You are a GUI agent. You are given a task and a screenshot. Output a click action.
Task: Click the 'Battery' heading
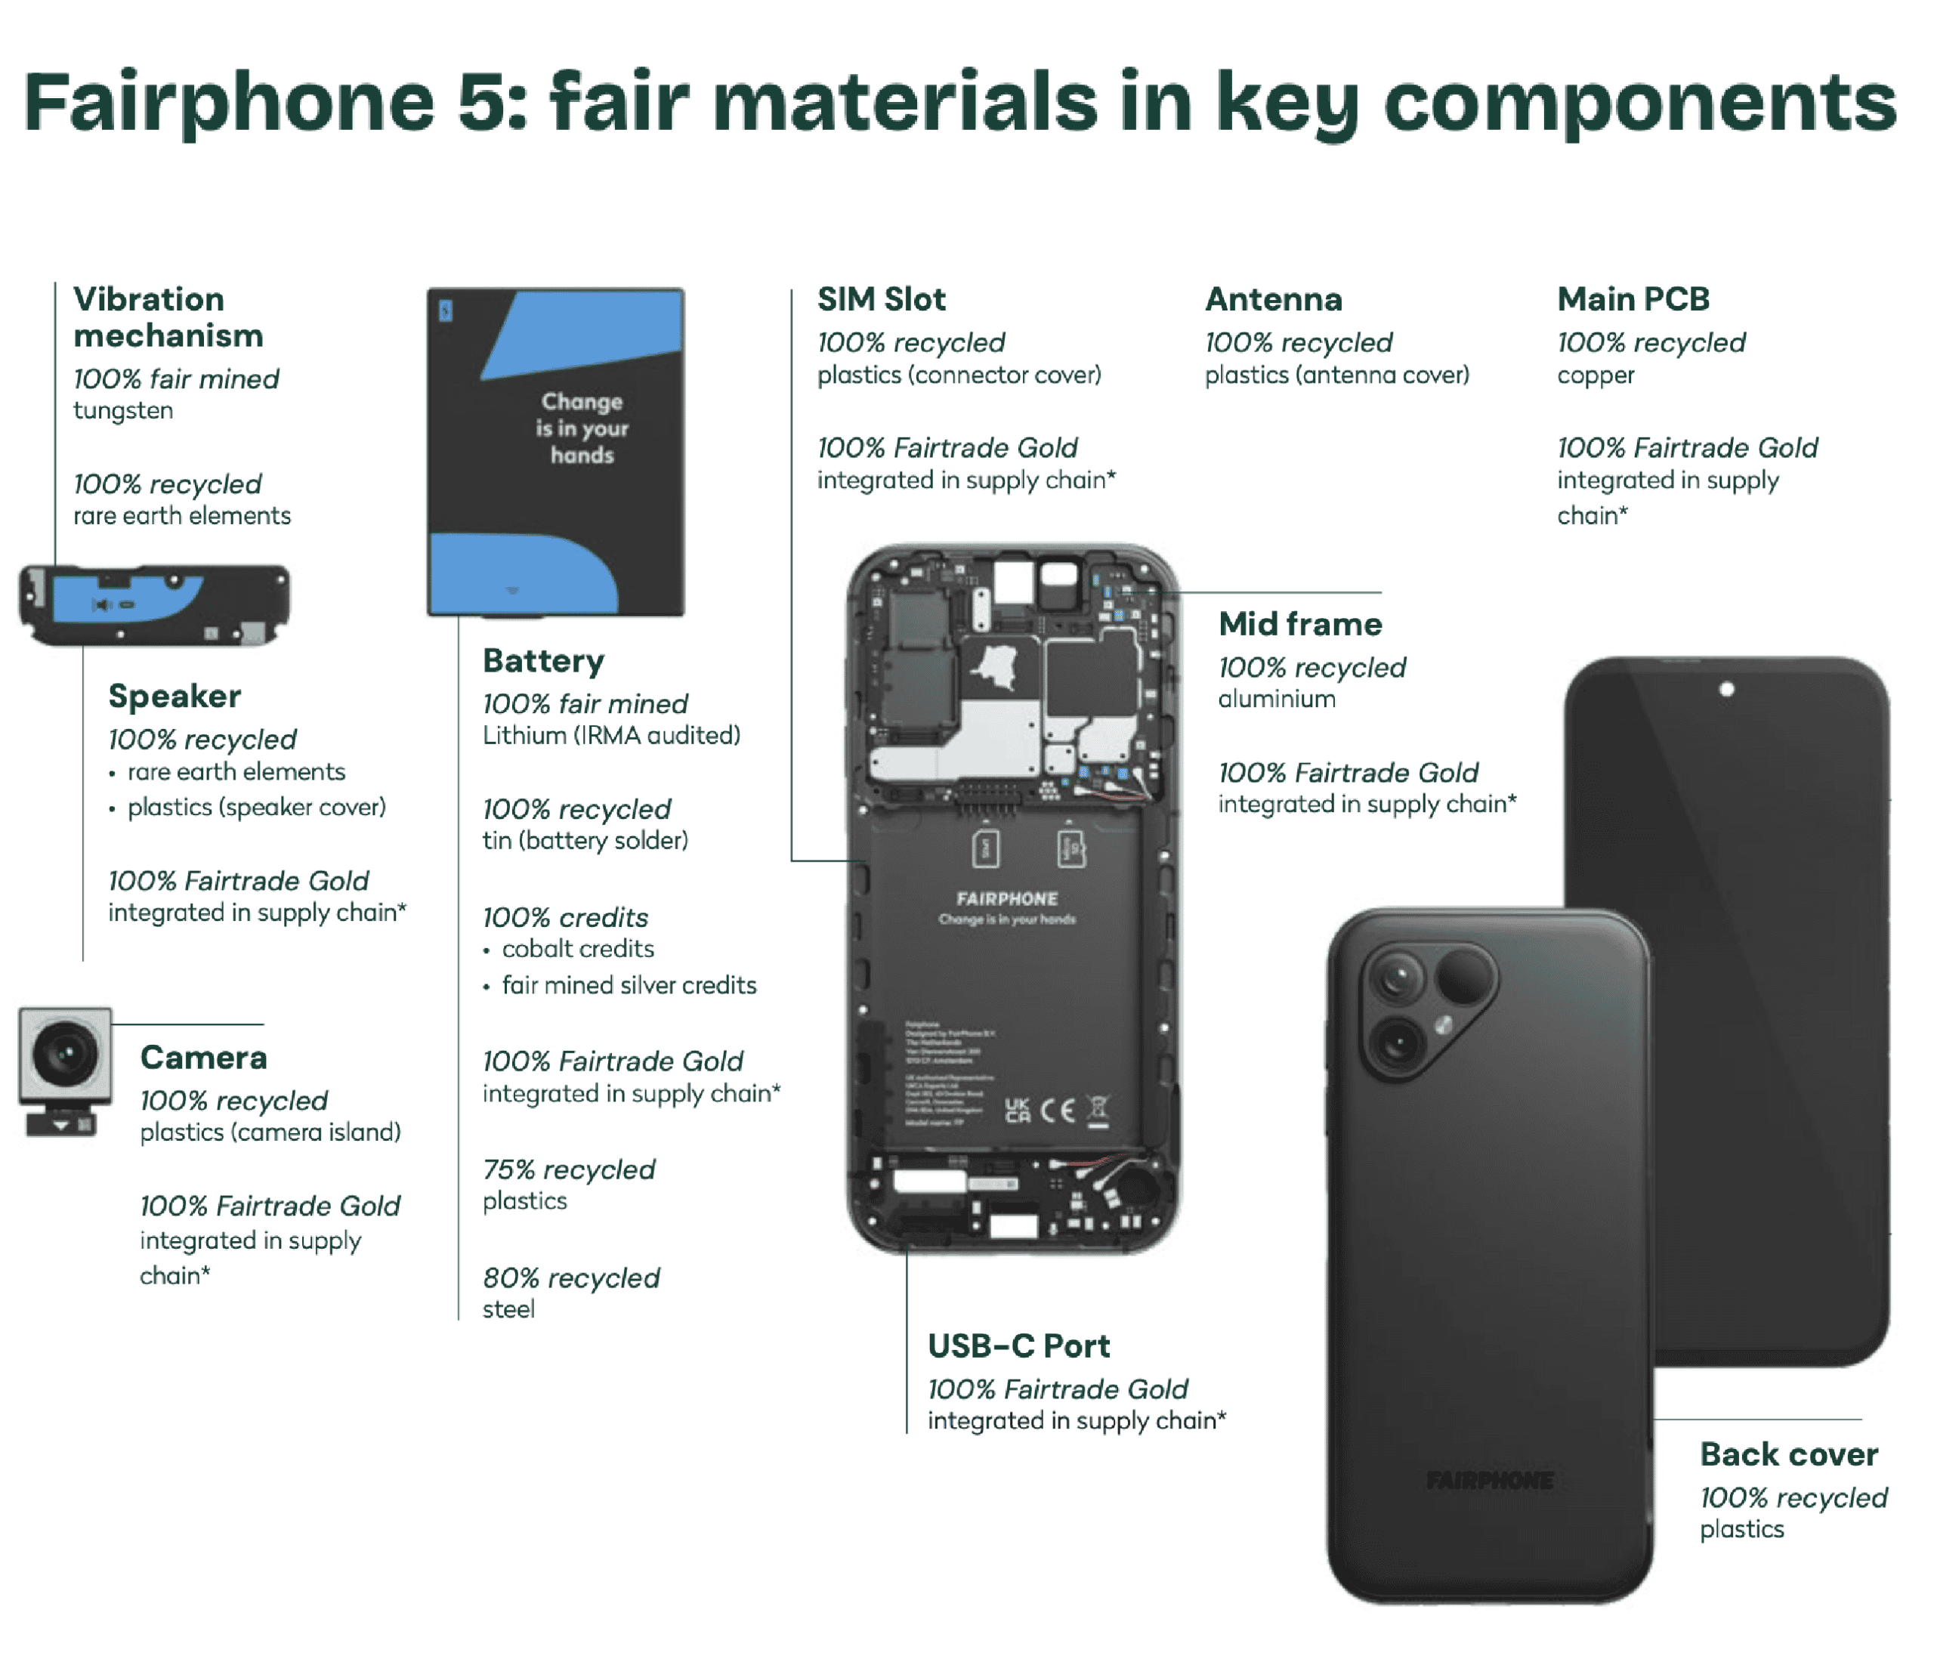click(543, 661)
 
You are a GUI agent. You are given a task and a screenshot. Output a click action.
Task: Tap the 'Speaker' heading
click(175, 697)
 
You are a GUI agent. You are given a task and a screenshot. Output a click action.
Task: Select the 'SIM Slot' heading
click(881, 300)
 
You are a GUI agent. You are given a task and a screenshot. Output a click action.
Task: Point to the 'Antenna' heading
click(1273, 300)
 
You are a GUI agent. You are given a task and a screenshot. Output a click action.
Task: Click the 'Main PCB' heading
click(1633, 300)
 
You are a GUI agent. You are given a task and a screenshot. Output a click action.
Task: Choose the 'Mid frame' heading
click(1300, 624)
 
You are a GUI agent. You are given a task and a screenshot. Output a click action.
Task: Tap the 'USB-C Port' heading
click(1018, 1345)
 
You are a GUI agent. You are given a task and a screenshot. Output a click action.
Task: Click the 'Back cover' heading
click(1788, 1454)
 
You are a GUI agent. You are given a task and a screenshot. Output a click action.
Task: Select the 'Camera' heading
click(203, 1057)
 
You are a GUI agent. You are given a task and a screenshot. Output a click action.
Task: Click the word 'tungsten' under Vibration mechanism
click(123, 411)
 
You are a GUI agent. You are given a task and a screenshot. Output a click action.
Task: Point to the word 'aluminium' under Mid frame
click(1276, 700)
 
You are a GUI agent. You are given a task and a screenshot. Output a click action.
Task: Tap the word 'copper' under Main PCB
click(1596, 375)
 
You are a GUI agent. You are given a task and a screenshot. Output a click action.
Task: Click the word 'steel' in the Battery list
click(508, 1309)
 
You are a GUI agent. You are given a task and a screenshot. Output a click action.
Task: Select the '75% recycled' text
click(568, 1169)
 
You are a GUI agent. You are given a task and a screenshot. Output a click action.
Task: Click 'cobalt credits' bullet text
click(578, 949)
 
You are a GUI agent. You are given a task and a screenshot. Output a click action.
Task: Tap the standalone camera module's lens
click(64, 1055)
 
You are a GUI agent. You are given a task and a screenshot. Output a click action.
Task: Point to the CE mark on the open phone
click(1057, 1110)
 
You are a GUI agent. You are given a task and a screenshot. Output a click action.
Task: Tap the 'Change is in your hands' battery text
click(582, 428)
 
